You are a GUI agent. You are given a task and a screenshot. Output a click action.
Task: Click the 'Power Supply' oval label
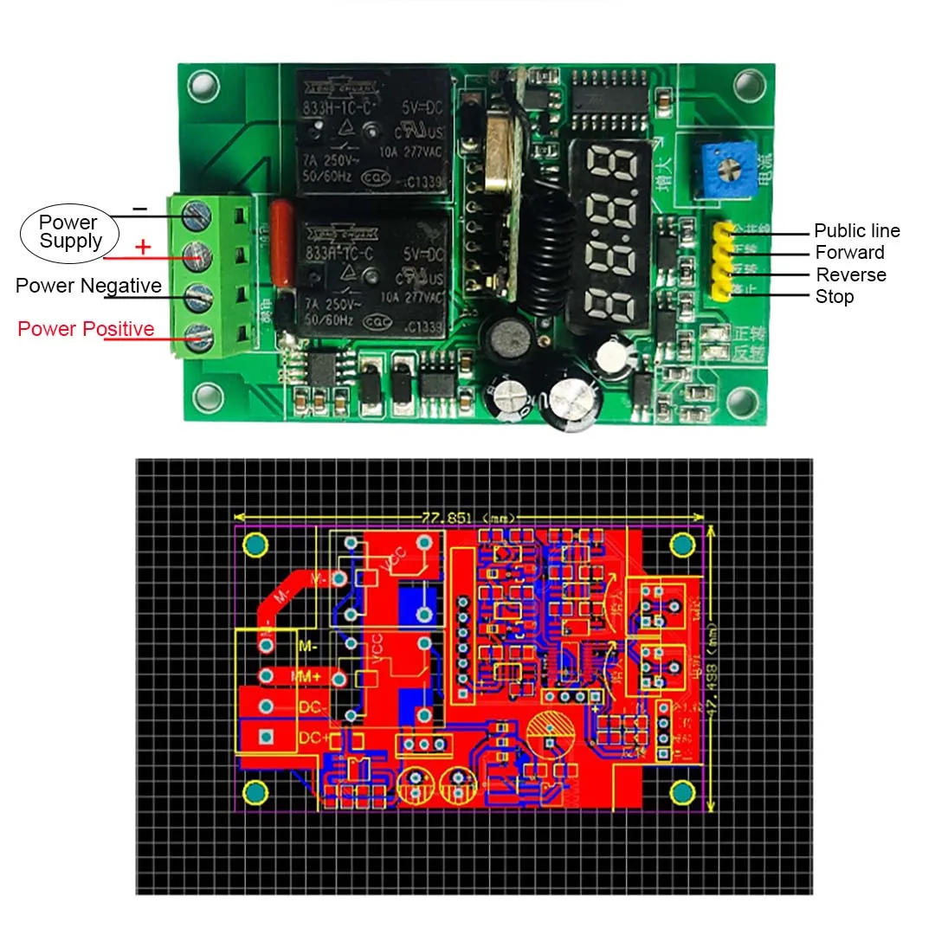click(x=69, y=232)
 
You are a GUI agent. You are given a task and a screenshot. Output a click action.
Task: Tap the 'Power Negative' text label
click(x=88, y=286)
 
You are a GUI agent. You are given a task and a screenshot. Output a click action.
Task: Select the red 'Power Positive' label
click(x=86, y=329)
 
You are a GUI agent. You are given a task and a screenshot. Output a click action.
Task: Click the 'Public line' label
click(x=856, y=231)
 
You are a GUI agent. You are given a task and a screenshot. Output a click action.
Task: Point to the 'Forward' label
click(x=849, y=253)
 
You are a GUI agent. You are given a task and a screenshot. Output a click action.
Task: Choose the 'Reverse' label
click(x=851, y=275)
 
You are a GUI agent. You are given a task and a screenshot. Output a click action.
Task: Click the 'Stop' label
click(x=834, y=297)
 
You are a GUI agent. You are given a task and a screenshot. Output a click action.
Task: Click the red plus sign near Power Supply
click(x=143, y=248)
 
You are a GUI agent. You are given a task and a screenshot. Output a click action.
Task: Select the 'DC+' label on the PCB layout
click(x=312, y=738)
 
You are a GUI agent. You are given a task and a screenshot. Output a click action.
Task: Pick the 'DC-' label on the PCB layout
click(x=312, y=707)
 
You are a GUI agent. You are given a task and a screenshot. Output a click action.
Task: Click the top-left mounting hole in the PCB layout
click(x=256, y=545)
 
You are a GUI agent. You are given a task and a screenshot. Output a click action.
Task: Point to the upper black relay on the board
click(x=372, y=130)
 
